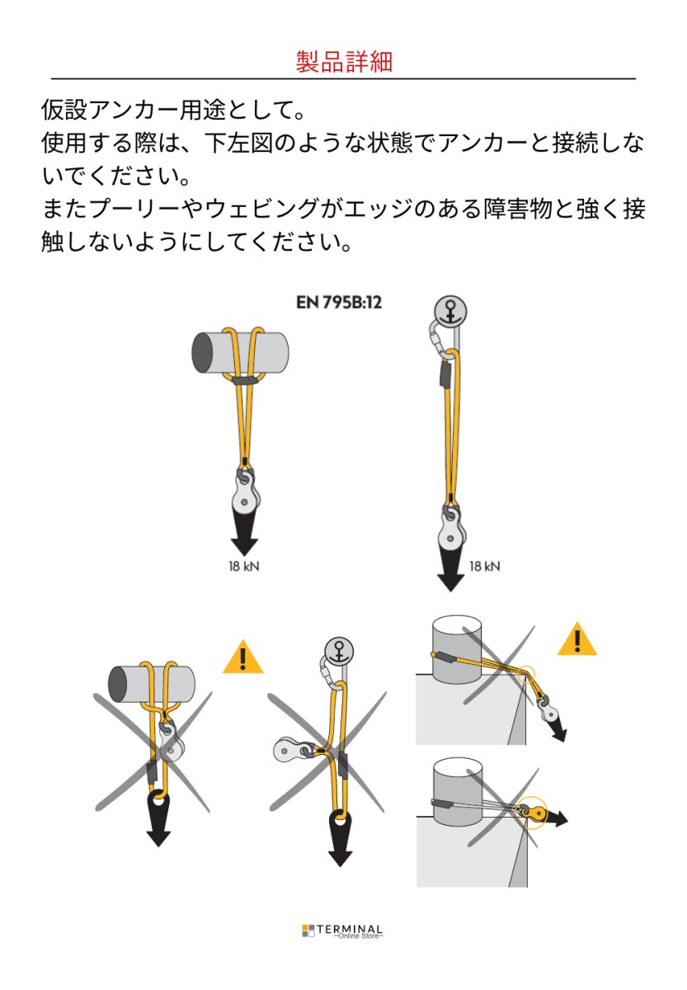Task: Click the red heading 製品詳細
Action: point(344,61)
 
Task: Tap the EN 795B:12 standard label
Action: point(338,302)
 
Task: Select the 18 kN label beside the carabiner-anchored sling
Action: point(484,566)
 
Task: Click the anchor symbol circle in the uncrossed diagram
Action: point(450,312)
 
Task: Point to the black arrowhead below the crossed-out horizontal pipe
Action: point(158,817)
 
